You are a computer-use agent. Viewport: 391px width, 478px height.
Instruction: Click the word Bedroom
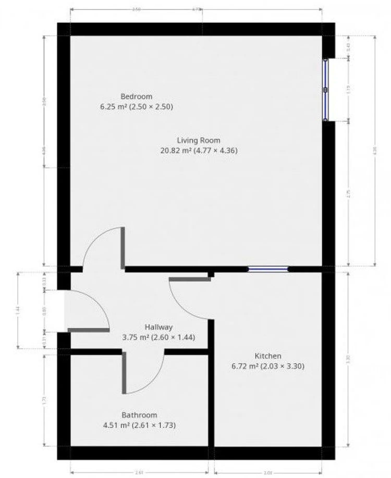tap(136, 96)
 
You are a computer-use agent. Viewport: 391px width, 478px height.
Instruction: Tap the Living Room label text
tap(199, 140)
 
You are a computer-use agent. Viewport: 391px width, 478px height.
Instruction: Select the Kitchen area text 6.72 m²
tap(245, 366)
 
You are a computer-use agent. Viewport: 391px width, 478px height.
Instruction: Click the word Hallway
tap(158, 327)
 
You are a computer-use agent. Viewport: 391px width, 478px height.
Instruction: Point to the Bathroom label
tap(139, 415)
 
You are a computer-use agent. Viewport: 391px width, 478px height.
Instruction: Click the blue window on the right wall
tap(325, 90)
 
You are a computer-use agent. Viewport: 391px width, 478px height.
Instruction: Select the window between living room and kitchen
tap(268, 269)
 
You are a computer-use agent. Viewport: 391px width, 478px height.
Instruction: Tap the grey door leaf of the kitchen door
tap(190, 279)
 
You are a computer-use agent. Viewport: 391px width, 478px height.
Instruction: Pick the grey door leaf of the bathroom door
tap(124, 373)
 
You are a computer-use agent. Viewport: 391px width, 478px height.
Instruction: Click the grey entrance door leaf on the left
tap(89, 330)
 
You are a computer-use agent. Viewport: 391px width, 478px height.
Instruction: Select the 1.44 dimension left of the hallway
tap(18, 310)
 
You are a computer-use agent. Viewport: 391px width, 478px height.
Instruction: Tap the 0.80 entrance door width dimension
tap(44, 311)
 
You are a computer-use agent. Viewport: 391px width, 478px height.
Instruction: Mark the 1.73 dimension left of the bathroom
tap(44, 400)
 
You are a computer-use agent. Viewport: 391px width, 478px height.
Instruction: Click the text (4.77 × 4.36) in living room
tap(215, 151)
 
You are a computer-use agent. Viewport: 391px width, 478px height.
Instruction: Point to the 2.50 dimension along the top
tap(136, 9)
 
